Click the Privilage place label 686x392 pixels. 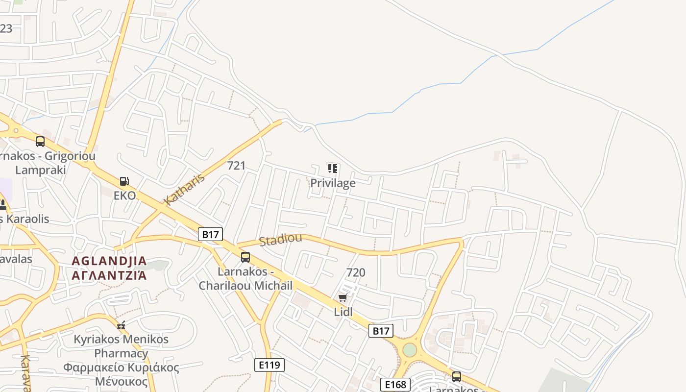point(333,183)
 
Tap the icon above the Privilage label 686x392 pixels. point(333,169)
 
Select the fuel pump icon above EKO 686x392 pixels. point(124,181)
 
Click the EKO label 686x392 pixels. point(124,196)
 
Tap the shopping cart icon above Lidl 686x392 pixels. point(343,297)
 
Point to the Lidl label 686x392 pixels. point(343,312)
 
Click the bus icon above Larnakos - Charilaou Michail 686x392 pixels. point(245,257)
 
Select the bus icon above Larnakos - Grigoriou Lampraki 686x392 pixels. point(40,142)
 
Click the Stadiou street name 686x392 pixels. point(280,240)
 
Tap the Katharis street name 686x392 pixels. point(184,190)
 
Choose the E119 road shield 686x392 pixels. point(269,365)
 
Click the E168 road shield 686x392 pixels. point(395,385)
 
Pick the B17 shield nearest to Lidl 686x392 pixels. point(381,331)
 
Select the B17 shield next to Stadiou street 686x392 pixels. point(211,234)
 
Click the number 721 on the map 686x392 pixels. point(236,166)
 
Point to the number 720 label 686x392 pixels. point(356,272)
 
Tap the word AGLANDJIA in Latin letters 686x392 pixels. point(109,261)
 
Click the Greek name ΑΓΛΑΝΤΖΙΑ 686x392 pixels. point(109,275)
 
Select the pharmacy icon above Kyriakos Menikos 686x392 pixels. point(121,325)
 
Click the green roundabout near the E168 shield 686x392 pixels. point(410,350)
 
